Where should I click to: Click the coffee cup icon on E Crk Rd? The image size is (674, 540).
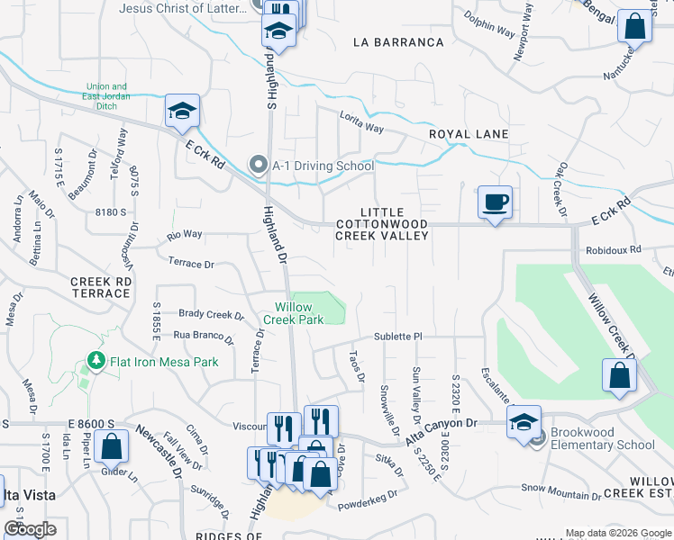495,201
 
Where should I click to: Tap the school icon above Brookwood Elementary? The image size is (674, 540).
524,421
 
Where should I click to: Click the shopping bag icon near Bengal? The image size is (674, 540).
635,27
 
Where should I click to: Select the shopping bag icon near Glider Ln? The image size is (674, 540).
112,446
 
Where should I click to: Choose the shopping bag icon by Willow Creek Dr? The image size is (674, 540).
619,375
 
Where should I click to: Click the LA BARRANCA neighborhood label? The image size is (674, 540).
398,42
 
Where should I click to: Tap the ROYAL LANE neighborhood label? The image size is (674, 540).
469,134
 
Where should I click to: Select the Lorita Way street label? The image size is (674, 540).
361,121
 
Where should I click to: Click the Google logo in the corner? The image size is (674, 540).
30,529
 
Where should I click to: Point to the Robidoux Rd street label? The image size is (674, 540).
612,250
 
